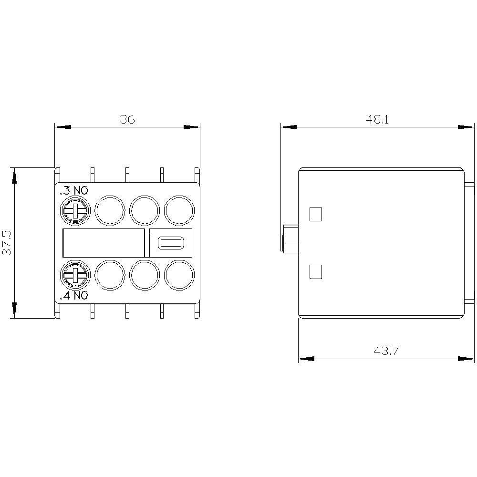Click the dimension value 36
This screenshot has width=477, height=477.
click(x=127, y=119)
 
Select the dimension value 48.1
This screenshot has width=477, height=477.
click(x=378, y=119)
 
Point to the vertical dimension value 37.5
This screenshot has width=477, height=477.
click(x=7, y=243)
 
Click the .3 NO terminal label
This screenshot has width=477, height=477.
click(x=74, y=191)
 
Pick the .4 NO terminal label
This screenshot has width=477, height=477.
click(x=74, y=296)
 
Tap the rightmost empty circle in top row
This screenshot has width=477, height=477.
click(x=180, y=210)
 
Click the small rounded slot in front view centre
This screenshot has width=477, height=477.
click(x=168, y=243)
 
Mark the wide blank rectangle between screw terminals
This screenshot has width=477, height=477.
click(x=104, y=243)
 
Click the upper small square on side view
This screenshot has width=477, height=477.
click(x=316, y=214)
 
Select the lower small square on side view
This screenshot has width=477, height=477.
click(x=316, y=272)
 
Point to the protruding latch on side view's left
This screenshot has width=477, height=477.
click(x=290, y=238)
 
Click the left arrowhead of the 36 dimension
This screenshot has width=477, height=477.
click(x=62, y=127)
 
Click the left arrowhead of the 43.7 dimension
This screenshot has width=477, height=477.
click(x=306, y=359)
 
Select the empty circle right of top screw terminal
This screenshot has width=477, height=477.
click(x=110, y=210)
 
